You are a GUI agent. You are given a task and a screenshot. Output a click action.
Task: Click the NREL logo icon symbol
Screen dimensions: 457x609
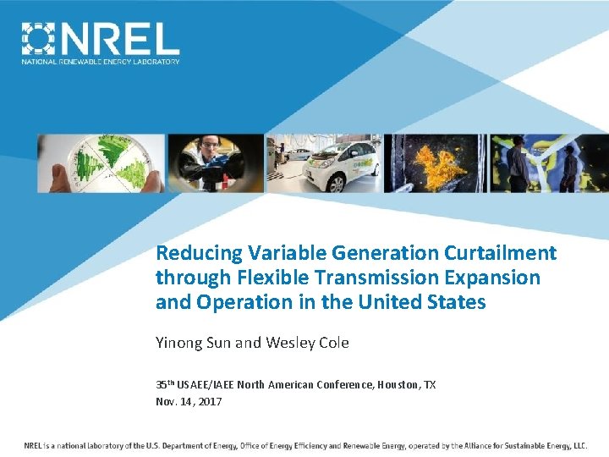(37, 39)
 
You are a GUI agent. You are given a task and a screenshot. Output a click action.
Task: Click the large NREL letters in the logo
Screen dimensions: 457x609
(118, 39)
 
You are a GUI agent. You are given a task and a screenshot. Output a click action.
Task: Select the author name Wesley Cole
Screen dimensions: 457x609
(307, 343)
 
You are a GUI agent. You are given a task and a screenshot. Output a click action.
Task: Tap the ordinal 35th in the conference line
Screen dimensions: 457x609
(166, 384)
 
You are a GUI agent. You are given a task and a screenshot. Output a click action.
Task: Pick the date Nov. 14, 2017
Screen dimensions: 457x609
(189, 402)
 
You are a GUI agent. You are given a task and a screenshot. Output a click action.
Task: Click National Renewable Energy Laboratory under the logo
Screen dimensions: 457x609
(101, 62)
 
